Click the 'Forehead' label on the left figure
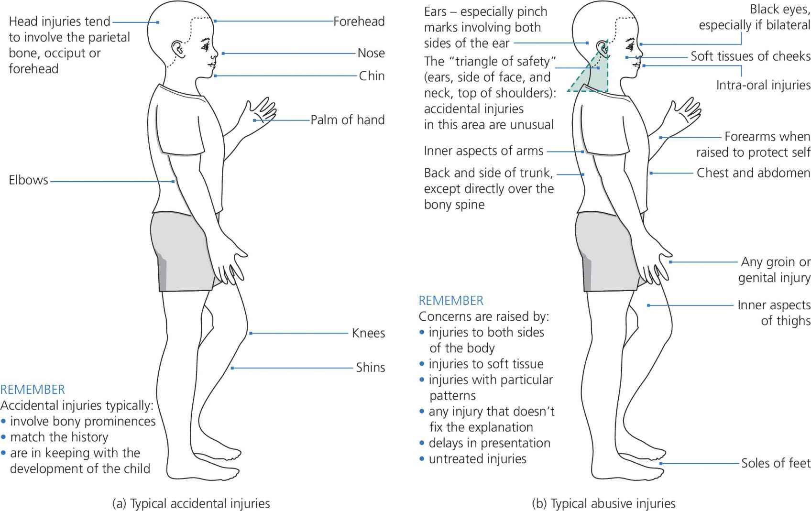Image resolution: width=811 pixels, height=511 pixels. (359, 22)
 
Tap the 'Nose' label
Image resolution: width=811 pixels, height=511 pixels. (371, 53)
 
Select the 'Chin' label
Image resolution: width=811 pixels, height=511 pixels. (372, 76)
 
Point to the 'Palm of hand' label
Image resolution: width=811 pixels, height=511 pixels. (348, 120)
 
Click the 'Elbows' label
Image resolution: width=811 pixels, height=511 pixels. (28, 180)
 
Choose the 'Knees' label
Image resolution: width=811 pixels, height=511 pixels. (368, 333)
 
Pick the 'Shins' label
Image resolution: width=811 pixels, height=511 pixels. (370, 368)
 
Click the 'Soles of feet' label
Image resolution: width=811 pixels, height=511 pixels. (776, 463)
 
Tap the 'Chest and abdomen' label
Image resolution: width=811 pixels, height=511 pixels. (753, 173)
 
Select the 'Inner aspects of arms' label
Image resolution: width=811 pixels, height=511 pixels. (483, 151)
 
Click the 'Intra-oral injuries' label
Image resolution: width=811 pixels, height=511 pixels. (763, 86)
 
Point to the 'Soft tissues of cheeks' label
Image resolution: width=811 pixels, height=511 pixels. (750, 56)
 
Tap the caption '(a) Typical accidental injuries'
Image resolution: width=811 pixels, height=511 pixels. (191, 503)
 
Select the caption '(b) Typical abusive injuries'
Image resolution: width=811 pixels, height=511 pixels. (603, 503)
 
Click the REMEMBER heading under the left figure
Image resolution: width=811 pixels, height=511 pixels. (33, 390)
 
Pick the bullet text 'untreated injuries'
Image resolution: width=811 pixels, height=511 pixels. (477, 459)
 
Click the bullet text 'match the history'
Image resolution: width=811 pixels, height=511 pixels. (59, 437)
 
